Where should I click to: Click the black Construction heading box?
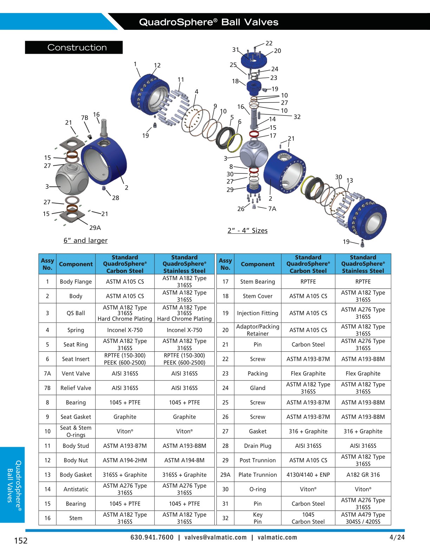tap(74, 47)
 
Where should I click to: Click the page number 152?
tap(21, 541)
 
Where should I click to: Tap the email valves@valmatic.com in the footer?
tap(215, 537)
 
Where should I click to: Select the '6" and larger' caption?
tap(85, 240)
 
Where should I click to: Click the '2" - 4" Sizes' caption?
tap(247, 231)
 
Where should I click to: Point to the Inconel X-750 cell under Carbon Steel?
tap(125, 330)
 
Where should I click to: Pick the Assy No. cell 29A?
tap(225, 475)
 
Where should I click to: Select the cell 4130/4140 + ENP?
tap(308, 475)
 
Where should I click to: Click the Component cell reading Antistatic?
tap(76, 489)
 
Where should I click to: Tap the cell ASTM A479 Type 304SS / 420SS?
tap(363, 518)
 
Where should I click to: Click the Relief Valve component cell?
tap(76, 388)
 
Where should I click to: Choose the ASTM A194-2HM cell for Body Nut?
tap(125, 460)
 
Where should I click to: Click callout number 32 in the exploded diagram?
tap(297, 117)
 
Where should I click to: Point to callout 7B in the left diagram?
tap(85, 118)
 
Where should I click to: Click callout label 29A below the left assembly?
tap(95, 228)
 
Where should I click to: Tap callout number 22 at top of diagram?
tap(269, 43)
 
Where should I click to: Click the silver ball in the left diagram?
tap(72, 179)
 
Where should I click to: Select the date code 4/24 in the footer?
tap(397, 537)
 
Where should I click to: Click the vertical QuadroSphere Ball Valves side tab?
tap(12, 484)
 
